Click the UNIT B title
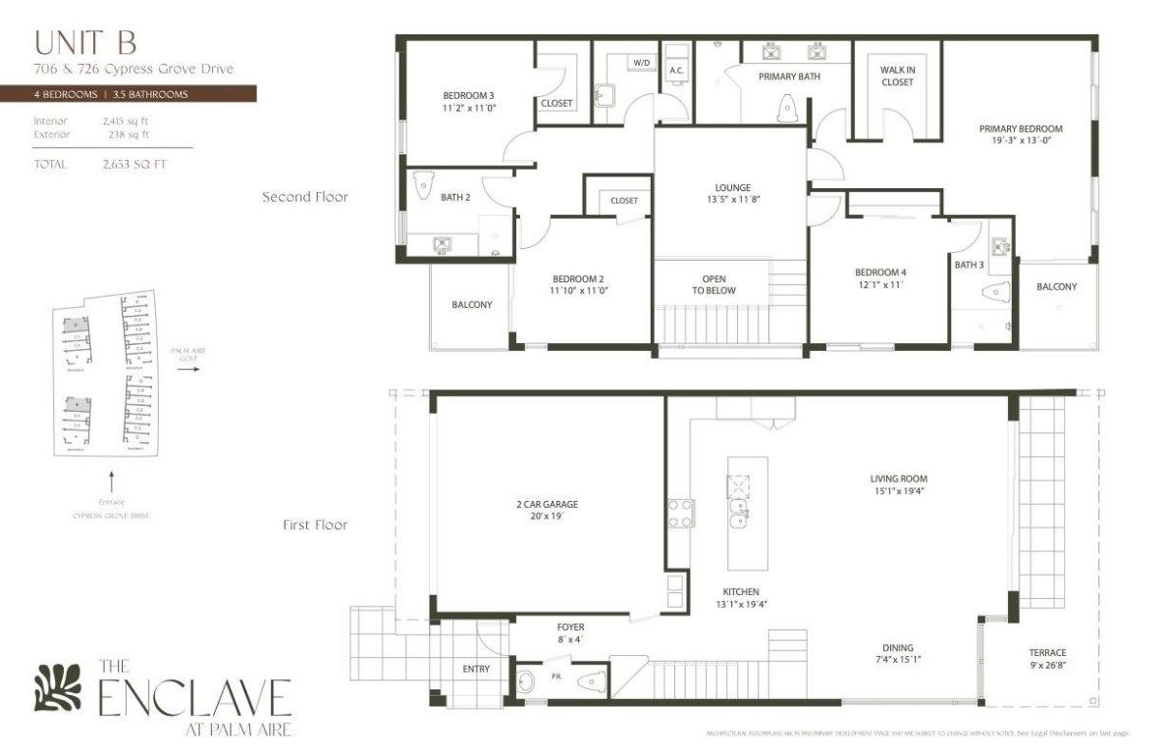pyautogui.click(x=84, y=42)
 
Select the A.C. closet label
pyautogui.click(x=676, y=71)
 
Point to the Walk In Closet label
pyautogui.click(x=896, y=76)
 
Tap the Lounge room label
pyautogui.click(x=732, y=188)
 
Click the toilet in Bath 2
pyautogui.click(x=424, y=184)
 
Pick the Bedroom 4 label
pyautogui.click(x=880, y=273)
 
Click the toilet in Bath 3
pyautogui.click(x=995, y=291)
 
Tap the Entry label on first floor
pyautogui.click(x=476, y=669)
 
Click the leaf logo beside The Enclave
pyautogui.click(x=55, y=688)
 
